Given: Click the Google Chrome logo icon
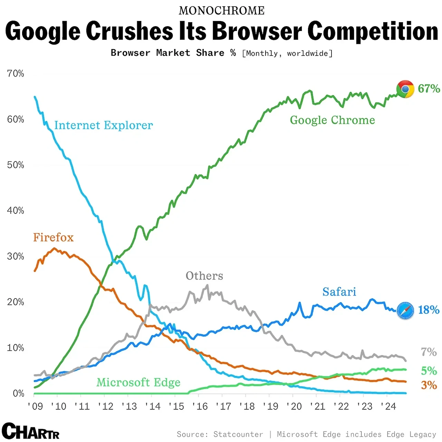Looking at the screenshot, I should (405, 89).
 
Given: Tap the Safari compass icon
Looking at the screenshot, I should (405, 310).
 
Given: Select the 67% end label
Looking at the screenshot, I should (429, 89).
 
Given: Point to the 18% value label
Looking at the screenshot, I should (429, 310).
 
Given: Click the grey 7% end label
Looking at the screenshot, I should (429, 352).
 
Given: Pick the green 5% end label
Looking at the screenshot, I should (429, 371).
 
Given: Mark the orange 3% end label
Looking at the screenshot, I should (429, 385).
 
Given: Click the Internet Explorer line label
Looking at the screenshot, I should (103, 125).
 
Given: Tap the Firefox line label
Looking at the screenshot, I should (53, 238).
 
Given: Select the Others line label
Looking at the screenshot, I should (204, 276).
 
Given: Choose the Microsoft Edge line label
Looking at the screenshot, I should (138, 382).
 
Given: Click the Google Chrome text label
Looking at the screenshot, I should (332, 120).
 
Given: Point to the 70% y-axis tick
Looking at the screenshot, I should (16, 74).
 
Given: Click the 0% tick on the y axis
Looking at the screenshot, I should (18, 394).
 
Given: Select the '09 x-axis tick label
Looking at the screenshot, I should (35, 406).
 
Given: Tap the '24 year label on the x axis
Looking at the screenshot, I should (388, 406).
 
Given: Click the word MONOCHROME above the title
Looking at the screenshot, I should (221, 11).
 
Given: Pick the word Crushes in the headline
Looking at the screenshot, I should (130, 31).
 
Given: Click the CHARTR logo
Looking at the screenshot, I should (31, 431).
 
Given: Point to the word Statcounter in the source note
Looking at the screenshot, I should (238, 434).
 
